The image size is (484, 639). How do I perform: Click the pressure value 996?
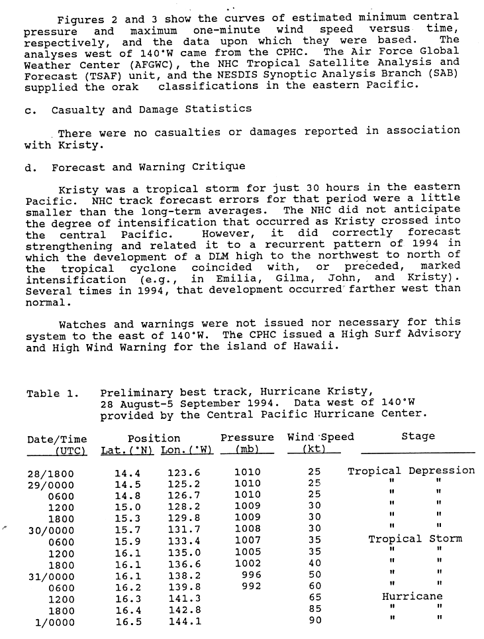[x=248, y=574]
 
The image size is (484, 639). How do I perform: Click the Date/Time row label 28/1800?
[x=51, y=473]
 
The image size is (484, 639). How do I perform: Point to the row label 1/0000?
[x=55, y=622]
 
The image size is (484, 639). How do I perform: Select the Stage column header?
[x=418, y=436]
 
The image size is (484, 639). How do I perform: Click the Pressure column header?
[x=247, y=437]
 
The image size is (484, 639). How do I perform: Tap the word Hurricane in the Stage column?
[x=412, y=597]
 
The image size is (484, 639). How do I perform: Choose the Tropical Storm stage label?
[x=415, y=539]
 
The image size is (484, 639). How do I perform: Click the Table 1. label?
[x=52, y=394]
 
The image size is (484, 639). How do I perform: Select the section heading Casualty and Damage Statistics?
[x=151, y=108]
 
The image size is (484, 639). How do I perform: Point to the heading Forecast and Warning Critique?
[x=148, y=167]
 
